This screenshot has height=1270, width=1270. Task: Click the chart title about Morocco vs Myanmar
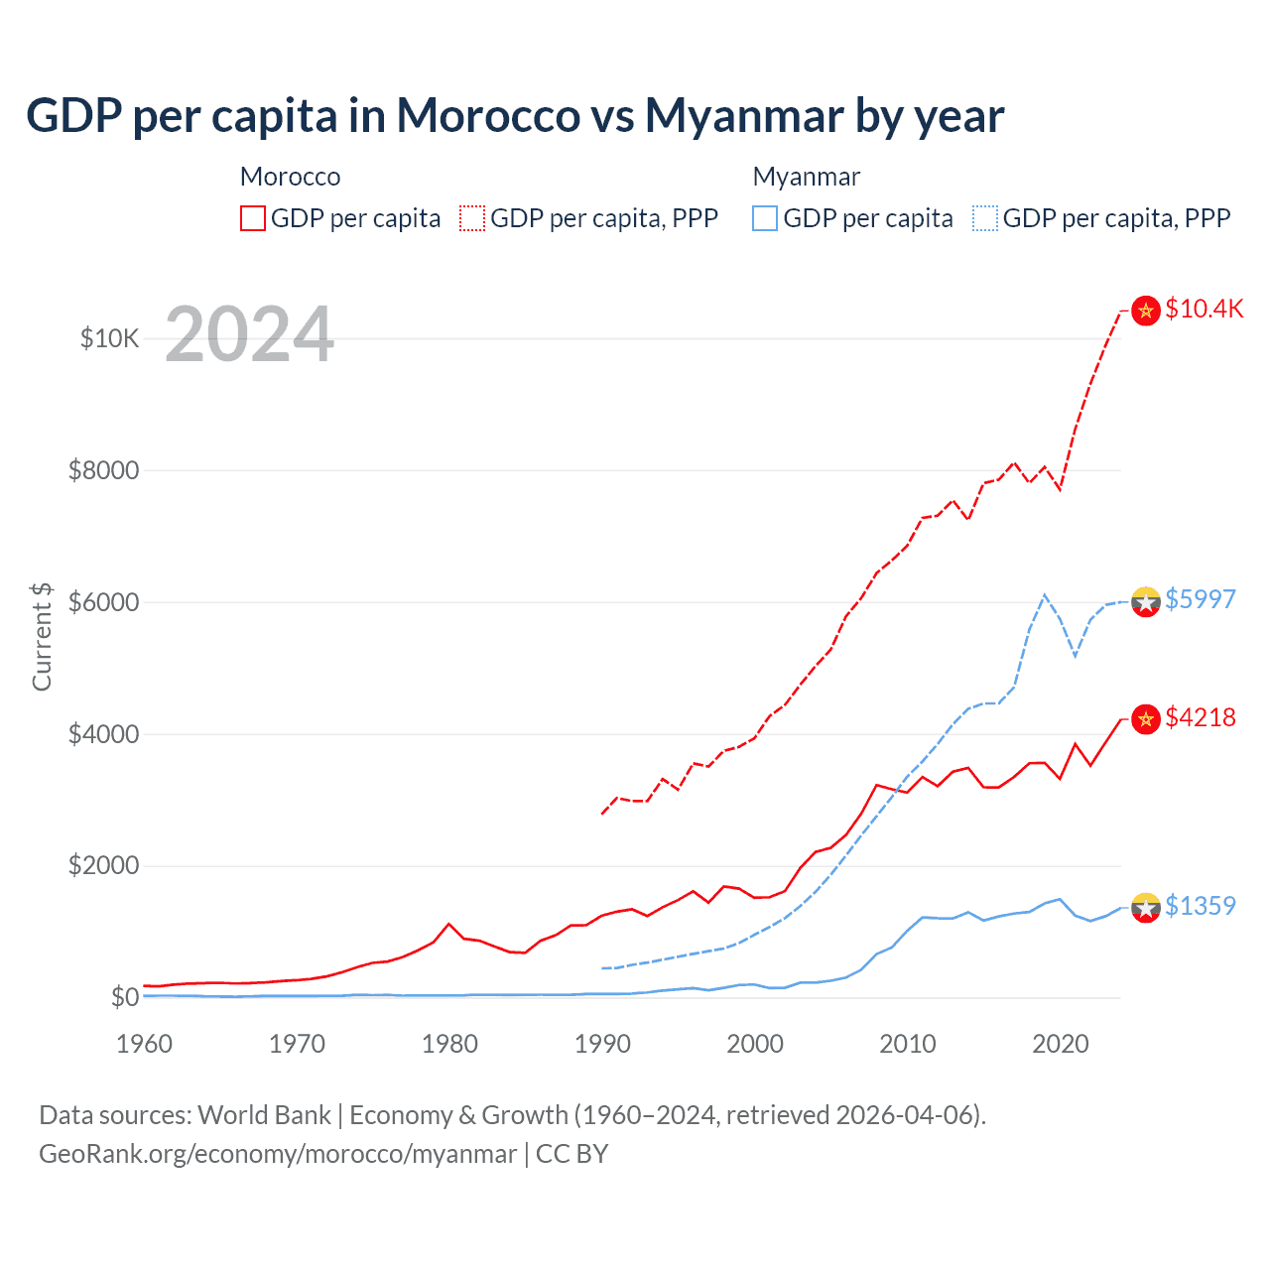click(x=514, y=115)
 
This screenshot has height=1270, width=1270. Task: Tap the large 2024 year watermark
click(x=249, y=334)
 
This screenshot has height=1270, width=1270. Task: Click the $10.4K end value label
click(x=1204, y=309)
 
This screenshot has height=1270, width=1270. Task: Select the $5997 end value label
click(x=1200, y=599)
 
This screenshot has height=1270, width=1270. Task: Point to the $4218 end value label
click(x=1200, y=717)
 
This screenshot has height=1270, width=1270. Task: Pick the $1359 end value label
click(x=1200, y=906)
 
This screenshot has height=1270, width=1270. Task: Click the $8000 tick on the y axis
click(x=103, y=470)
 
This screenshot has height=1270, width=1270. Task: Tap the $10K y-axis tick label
click(x=109, y=338)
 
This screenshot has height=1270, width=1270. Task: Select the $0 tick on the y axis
click(x=124, y=997)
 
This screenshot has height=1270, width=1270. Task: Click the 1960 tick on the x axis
click(x=145, y=1044)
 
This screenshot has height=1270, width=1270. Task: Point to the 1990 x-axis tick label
click(x=602, y=1044)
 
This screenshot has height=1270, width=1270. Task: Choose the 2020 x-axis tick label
click(x=1060, y=1044)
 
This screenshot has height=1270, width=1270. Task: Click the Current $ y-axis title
click(x=42, y=636)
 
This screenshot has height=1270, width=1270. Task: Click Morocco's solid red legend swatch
click(x=253, y=218)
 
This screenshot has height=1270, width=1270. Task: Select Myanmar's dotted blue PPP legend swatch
click(x=985, y=218)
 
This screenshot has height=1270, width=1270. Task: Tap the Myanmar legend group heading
click(x=806, y=177)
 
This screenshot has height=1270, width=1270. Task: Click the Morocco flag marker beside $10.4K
click(x=1146, y=311)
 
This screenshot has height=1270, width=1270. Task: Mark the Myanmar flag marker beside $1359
click(x=1146, y=907)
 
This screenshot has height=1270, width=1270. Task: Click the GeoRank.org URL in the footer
click(x=278, y=1154)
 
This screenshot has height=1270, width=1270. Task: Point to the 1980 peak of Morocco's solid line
click(x=449, y=924)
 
